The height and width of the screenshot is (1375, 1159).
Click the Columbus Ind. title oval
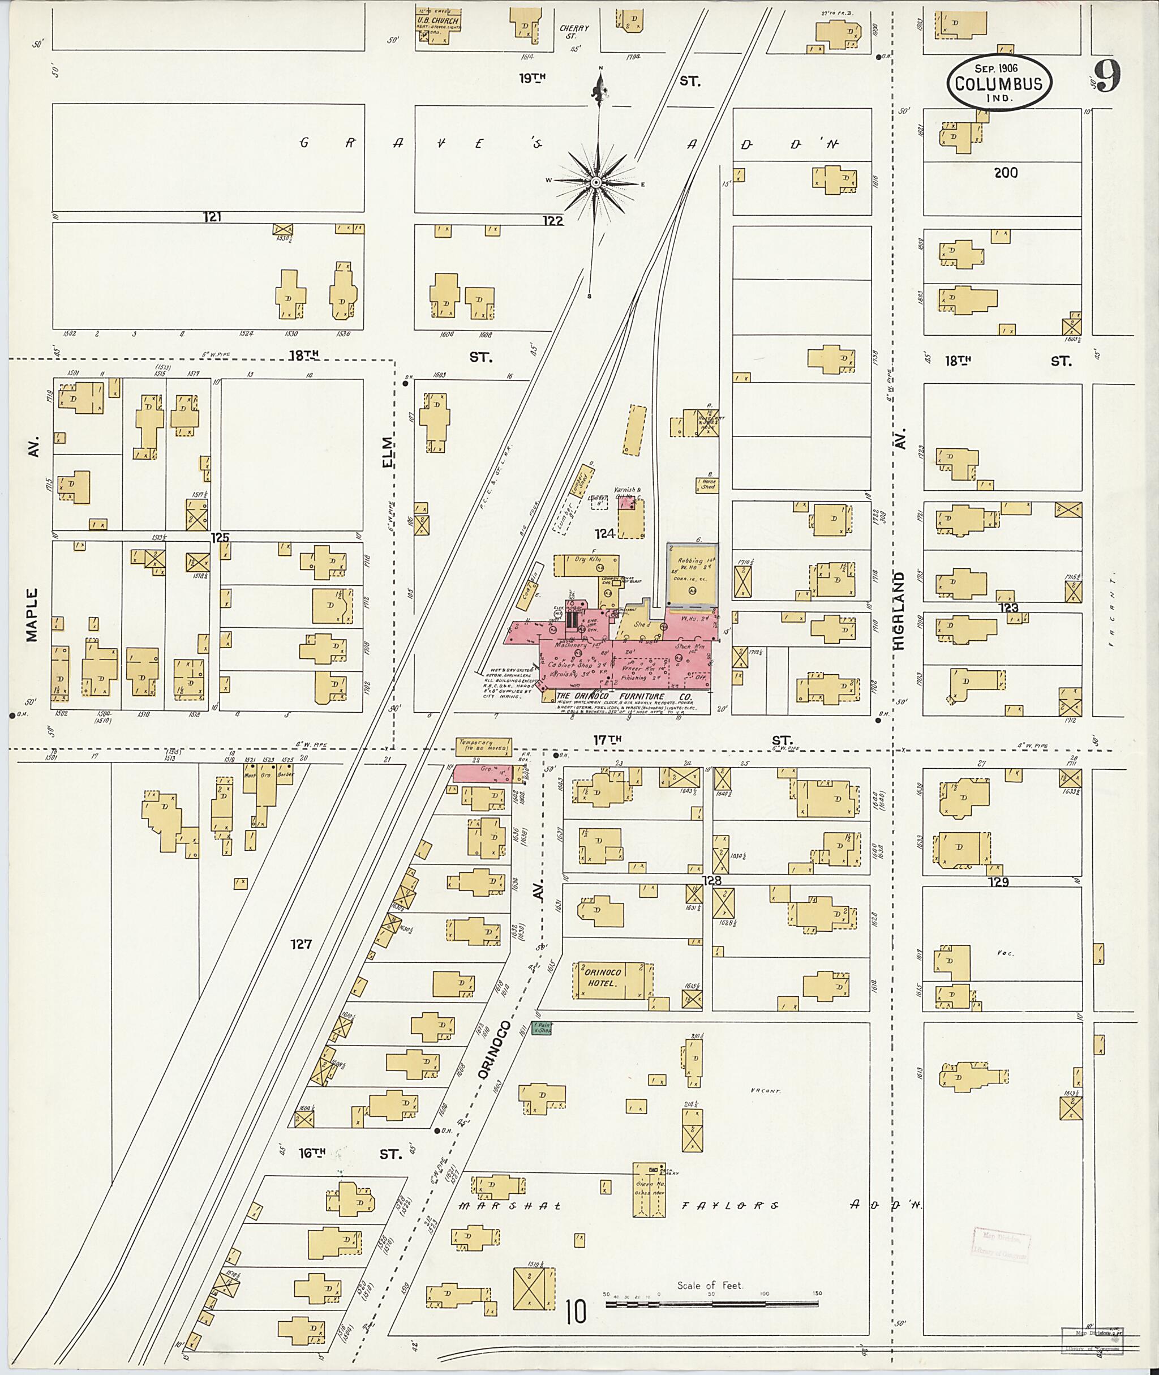point(999,83)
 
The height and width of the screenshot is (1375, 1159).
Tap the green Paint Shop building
point(541,1028)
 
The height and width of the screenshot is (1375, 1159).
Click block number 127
point(301,944)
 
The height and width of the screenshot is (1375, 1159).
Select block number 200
point(1005,172)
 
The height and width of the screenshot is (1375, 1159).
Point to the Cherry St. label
point(574,32)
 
